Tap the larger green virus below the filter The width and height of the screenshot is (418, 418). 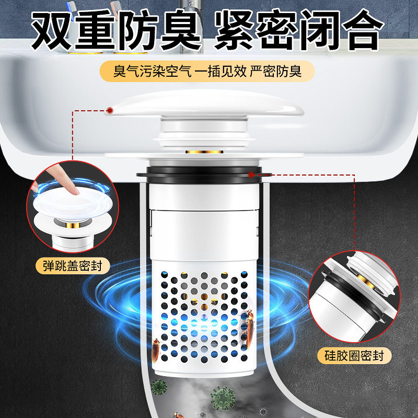click(223, 398)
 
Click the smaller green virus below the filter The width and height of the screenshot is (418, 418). click(158, 387)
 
